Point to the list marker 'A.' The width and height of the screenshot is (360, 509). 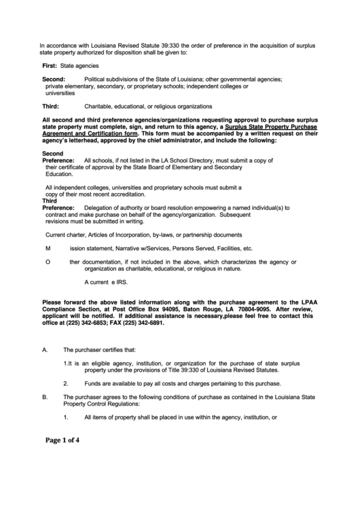click(x=46, y=351)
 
